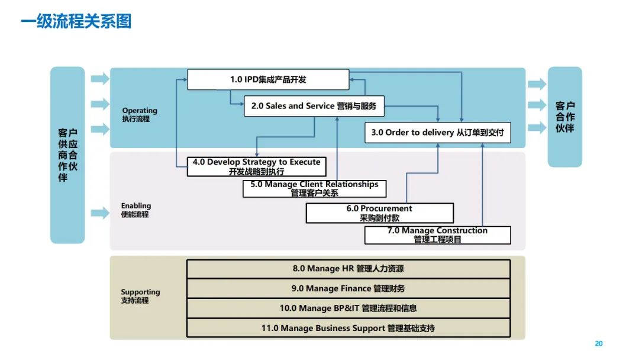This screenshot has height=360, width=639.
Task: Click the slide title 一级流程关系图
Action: coord(76,22)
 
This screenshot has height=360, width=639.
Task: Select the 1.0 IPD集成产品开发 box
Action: coord(268,79)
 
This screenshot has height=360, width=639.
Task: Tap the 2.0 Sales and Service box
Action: coord(314,106)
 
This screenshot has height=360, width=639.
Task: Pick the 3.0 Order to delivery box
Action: coord(437,133)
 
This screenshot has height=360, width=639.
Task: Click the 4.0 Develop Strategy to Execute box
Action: coord(256,166)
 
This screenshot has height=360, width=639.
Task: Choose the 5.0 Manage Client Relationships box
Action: coord(314,189)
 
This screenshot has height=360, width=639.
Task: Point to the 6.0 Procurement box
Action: coord(379,213)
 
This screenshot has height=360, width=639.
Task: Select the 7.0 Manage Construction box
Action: coord(437,235)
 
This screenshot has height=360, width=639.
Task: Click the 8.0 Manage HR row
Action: coord(348,269)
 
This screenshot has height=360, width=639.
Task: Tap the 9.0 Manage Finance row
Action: coord(348,288)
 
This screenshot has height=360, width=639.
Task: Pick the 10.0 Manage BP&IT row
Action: coord(348,308)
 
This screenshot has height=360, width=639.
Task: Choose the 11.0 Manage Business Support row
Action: coord(348,327)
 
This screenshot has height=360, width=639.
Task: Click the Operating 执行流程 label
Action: coord(140,114)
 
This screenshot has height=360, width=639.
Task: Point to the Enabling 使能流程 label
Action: coord(136,210)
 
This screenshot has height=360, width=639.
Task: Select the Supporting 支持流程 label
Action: coord(140,296)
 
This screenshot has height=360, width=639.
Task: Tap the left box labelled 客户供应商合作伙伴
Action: coord(67,155)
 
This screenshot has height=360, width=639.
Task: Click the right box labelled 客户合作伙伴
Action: coord(564,117)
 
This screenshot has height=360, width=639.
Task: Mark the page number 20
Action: coord(598,343)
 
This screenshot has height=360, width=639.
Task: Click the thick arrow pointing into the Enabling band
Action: coord(100,214)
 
